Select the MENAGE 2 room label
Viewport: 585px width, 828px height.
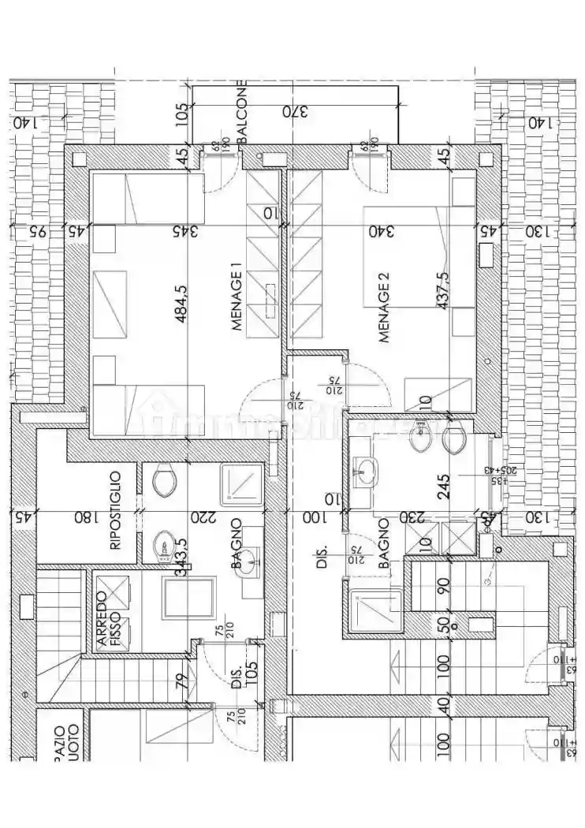[x=384, y=308]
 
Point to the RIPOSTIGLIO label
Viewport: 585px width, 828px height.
[x=115, y=510]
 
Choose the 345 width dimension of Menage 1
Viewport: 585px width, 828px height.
[x=184, y=231]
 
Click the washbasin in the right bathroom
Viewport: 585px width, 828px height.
[x=364, y=473]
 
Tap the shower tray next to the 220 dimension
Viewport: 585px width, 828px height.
[x=241, y=483]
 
